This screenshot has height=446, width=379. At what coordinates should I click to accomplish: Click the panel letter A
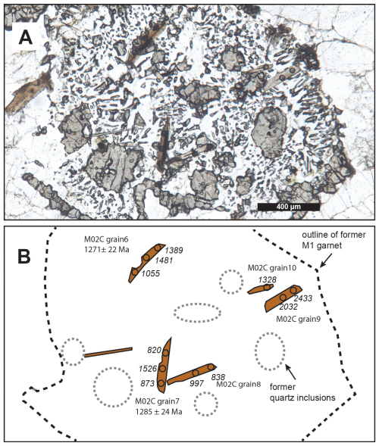pos(25,38)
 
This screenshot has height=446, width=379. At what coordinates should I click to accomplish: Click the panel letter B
pos(24,257)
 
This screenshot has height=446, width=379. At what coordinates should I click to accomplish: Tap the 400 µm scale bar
pos(289,207)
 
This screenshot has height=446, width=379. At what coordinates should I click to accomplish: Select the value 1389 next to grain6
pos(174,251)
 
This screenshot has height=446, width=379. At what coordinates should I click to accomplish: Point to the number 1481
pos(164,260)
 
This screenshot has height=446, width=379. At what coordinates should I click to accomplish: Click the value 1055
pos(151,273)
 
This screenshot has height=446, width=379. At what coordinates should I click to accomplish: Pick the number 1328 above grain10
pos(268,279)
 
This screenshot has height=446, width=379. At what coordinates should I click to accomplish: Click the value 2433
pos(303,298)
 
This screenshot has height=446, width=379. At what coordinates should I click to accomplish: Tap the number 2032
pos(289,307)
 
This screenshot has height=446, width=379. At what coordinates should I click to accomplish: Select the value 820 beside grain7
pos(155,350)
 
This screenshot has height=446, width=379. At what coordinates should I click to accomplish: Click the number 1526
pos(148,369)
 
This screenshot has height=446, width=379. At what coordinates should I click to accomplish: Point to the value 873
pos(148,383)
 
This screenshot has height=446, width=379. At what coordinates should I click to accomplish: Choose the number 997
pos(197,383)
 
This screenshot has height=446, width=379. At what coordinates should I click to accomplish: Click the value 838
pos(218,377)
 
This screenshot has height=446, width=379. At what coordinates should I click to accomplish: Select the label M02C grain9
pos(299,319)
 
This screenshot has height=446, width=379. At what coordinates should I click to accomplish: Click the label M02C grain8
pos(239,384)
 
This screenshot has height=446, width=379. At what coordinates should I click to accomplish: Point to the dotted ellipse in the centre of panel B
pos(197,313)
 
